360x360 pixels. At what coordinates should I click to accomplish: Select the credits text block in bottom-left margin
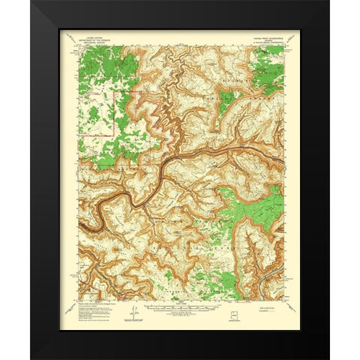(94, 306)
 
